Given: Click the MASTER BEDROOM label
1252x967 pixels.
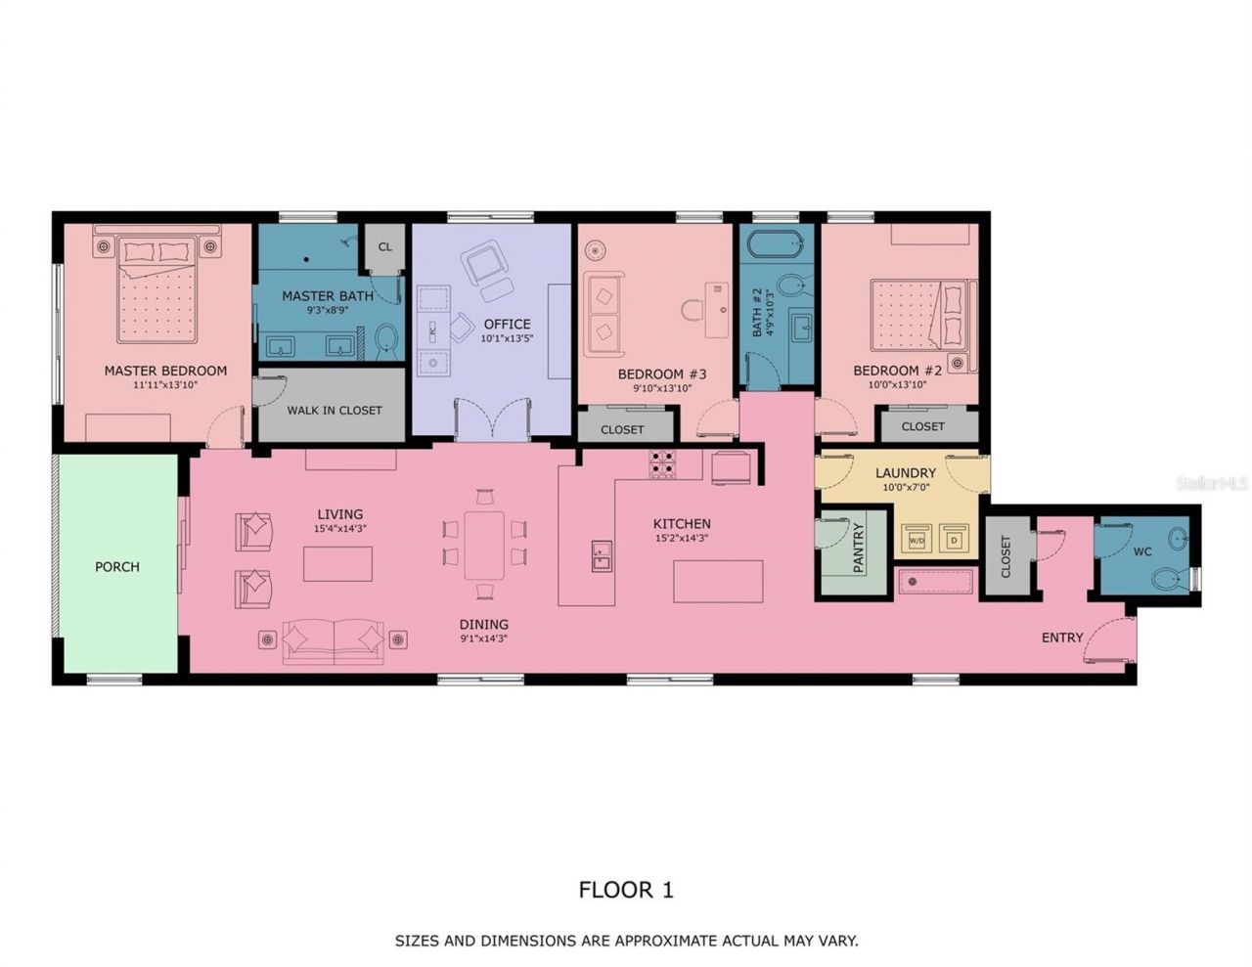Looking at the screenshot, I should (x=165, y=371).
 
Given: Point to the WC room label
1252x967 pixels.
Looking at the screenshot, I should (x=1141, y=551).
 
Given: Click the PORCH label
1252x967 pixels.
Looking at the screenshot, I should (x=117, y=566).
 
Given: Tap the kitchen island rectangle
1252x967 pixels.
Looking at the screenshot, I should (x=717, y=582).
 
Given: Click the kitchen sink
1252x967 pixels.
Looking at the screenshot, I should (x=601, y=556).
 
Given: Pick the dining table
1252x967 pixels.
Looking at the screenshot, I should (x=484, y=547).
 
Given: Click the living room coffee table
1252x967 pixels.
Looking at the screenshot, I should (x=337, y=564).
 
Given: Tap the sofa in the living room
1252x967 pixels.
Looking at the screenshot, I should (x=334, y=640).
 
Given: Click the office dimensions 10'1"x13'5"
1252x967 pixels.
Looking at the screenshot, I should (x=506, y=339).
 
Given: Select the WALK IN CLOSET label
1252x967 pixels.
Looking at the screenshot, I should (x=335, y=410).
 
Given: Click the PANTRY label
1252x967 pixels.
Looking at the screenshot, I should (x=858, y=548).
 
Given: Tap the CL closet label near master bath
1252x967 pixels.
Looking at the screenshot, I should (x=385, y=246).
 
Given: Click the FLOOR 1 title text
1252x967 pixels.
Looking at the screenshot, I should (x=626, y=889).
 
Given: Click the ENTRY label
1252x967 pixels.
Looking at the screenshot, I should (x=1061, y=637).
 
